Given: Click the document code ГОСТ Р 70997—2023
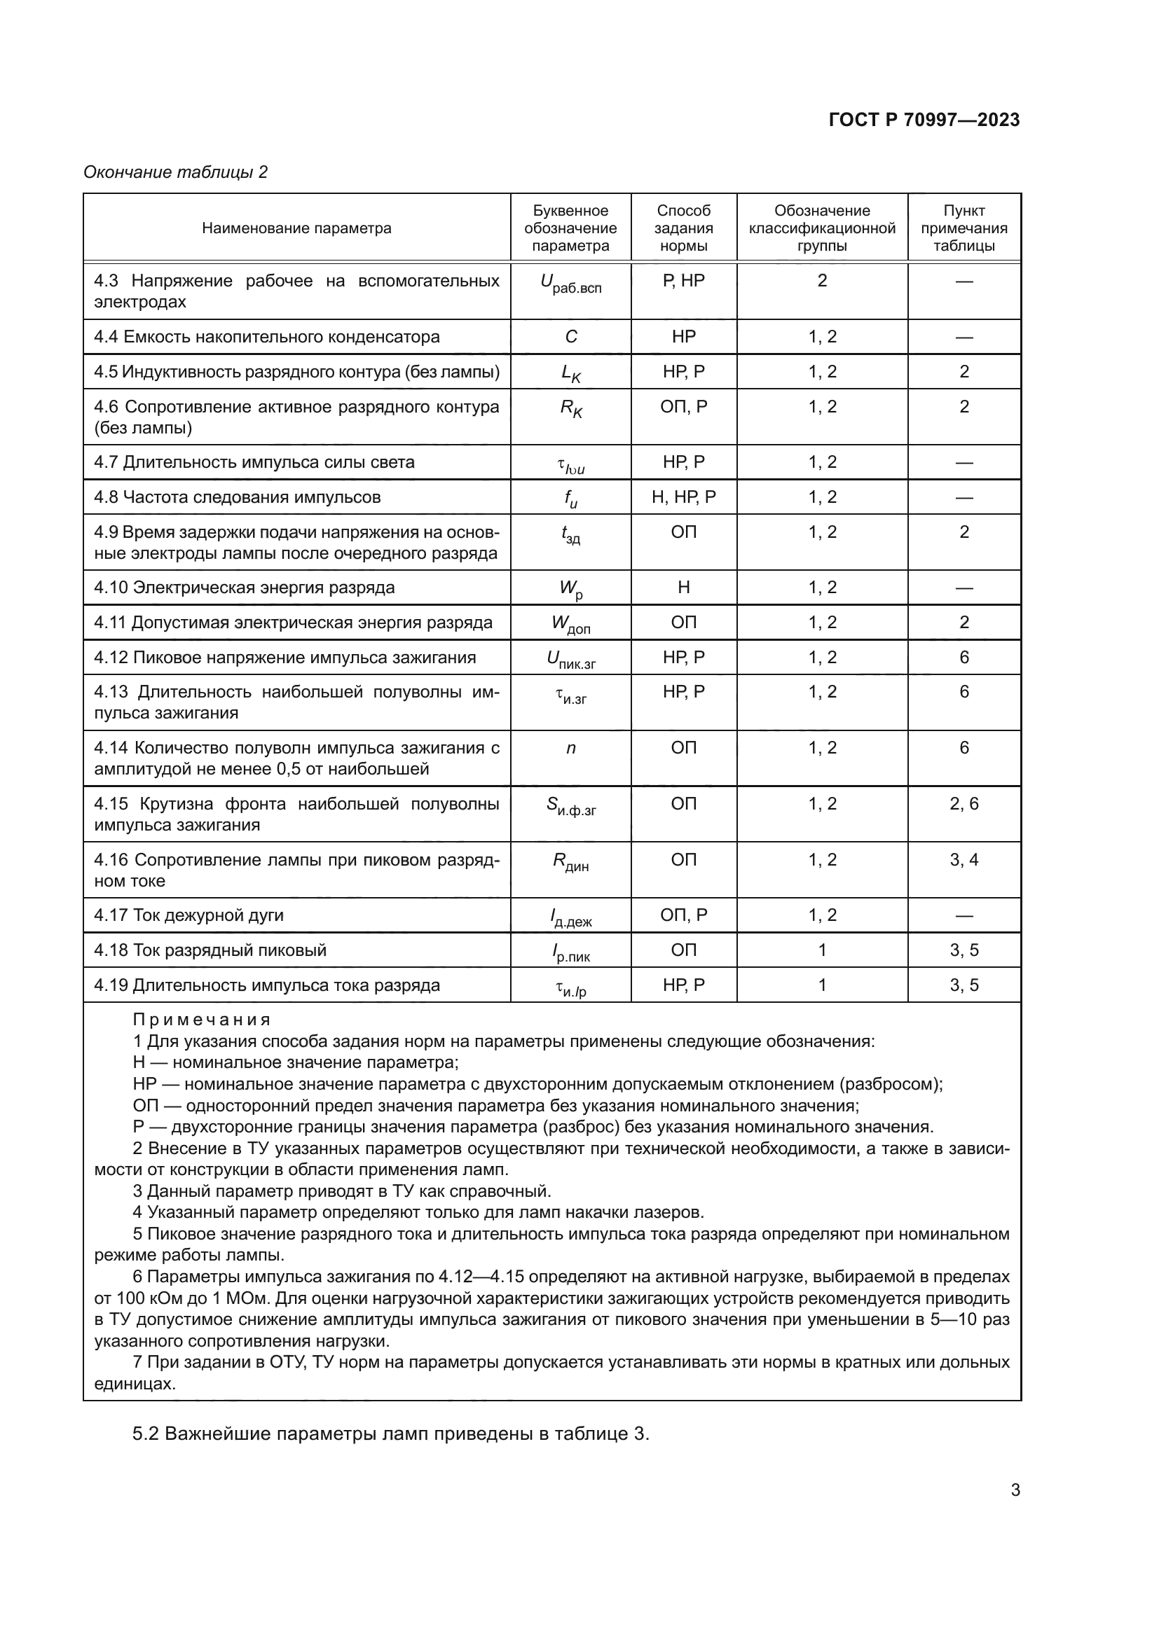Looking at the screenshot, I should pos(924,120).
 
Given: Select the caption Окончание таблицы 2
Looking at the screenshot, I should pos(176,172).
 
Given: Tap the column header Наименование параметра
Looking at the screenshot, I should pos(296,228).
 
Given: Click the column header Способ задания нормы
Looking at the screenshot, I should pos(683,228).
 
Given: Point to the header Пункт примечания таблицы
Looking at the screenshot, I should pos(963,228).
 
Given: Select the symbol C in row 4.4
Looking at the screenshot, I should pos(571,337).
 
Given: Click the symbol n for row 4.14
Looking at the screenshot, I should pos(571,748).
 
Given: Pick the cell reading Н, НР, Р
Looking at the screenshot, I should pos(683,497).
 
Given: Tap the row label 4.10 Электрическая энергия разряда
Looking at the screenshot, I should pos(244,588).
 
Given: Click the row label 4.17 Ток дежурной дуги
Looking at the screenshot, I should pos(188,915).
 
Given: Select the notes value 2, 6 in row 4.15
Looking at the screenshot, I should pos(963,804).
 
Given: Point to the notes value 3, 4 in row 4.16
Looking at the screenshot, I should pos(963,860).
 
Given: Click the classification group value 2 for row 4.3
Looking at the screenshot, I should pos(821,281).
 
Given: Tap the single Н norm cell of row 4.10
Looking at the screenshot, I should pos(683,588).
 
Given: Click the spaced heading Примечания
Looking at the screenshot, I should pos(201,1020).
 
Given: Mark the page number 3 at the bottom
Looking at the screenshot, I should pos(1015,1490).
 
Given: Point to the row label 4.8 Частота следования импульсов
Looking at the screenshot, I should pos(237,497).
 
